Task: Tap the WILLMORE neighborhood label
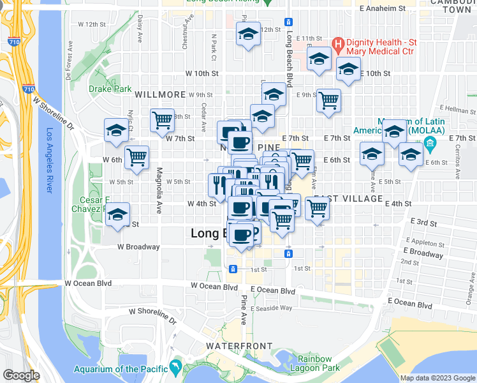(160, 94)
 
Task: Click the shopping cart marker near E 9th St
(328, 100)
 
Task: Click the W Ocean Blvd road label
(88, 283)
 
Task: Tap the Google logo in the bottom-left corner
(21, 375)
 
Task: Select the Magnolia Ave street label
(158, 191)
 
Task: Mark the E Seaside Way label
(271, 308)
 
